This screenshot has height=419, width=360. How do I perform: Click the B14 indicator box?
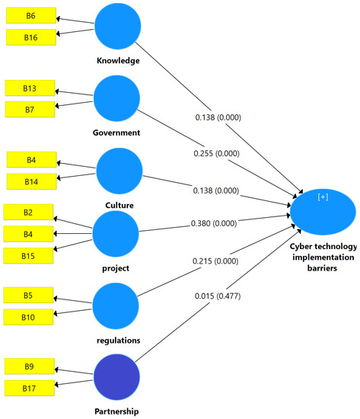(x=31, y=181)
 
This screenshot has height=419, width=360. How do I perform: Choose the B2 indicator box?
(x=28, y=213)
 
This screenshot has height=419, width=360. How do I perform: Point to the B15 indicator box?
(x=28, y=254)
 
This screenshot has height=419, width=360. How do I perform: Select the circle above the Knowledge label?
(x=117, y=27)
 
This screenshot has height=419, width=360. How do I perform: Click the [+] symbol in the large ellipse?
(x=323, y=197)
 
